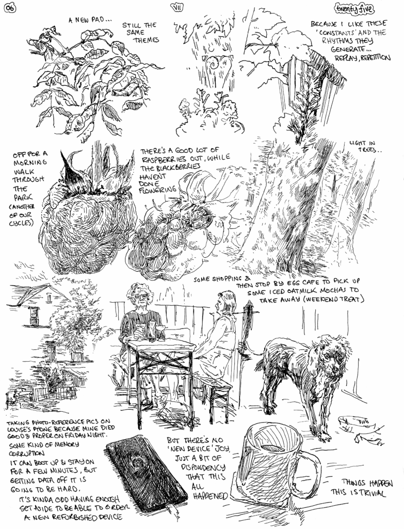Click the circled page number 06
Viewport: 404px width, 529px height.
tap(9, 9)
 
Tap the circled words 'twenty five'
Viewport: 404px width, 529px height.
tap(355, 9)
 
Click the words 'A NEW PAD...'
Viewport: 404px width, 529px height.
tap(90, 20)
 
